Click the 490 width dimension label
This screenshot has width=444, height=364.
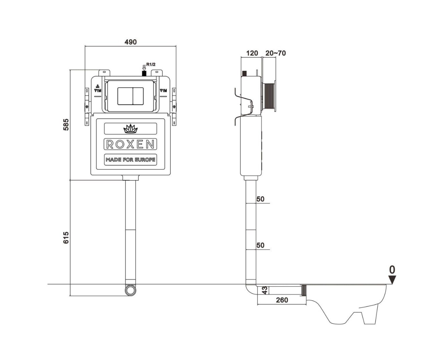131,42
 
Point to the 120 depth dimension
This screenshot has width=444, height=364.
252,53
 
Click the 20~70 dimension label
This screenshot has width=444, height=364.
275,53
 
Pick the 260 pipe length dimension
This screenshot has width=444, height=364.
282,300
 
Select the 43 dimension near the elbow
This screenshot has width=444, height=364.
265,291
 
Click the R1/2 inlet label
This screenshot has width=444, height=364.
150,64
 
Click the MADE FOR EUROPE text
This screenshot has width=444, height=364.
130,159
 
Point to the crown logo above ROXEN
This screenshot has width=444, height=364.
130,128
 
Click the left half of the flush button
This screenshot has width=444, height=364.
125,95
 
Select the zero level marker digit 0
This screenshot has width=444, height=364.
392,270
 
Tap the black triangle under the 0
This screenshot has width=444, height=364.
392,280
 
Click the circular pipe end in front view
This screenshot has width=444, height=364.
130,290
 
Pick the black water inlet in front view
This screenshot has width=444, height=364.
144,73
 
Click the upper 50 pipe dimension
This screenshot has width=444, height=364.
260,199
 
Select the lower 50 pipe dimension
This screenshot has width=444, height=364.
260,245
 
